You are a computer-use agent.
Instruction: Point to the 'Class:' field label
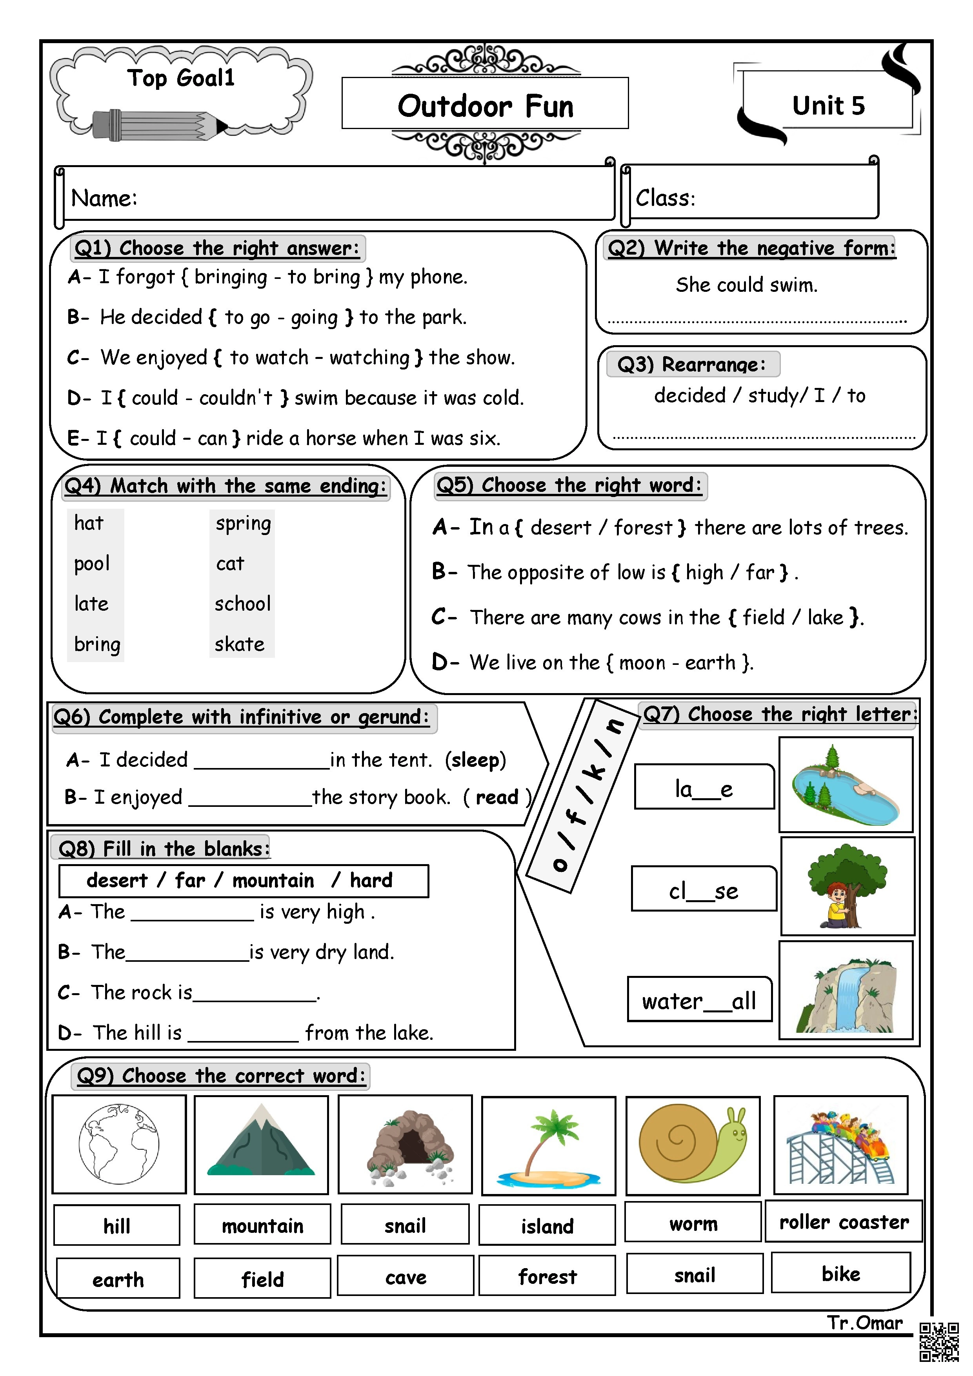(665, 198)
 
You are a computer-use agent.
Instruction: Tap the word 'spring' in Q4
(243, 524)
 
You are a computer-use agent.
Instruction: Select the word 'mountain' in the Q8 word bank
(273, 880)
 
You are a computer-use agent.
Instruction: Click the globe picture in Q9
(119, 1144)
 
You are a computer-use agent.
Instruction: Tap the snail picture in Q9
(693, 1144)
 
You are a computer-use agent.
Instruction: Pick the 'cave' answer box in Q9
(406, 1277)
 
